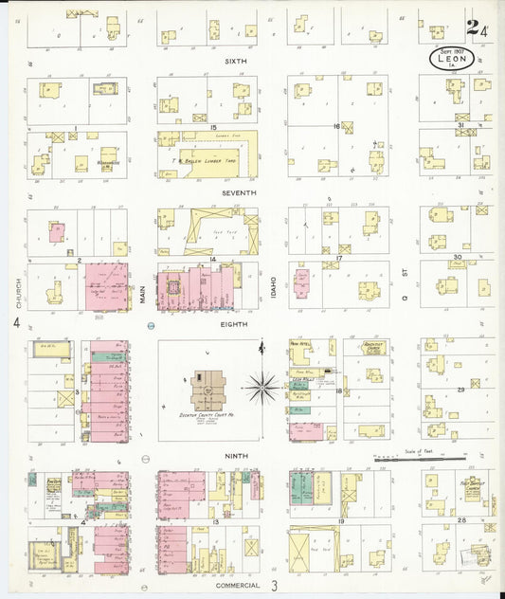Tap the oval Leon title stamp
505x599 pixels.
pyautogui.click(x=454, y=59)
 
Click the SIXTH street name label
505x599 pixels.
pyautogui.click(x=235, y=62)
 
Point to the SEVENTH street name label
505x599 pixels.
pyautogui.click(x=239, y=192)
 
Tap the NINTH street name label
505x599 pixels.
pyautogui.click(x=236, y=456)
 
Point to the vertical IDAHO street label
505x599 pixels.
pyautogui.click(x=273, y=288)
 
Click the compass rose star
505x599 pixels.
pyautogui.click(x=263, y=386)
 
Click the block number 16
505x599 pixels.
pyautogui.click(x=336, y=126)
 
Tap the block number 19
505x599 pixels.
pyautogui.click(x=337, y=522)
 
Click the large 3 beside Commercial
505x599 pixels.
pyautogui.click(x=275, y=588)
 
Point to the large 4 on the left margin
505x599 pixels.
pyautogui.click(x=16, y=323)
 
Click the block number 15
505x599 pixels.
pyautogui.click(x=214, y=127)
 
